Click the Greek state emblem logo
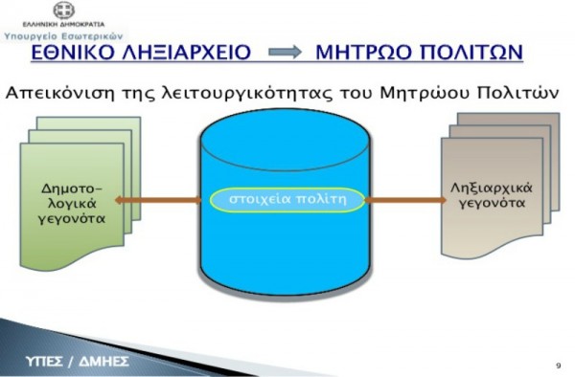tap(64, 11)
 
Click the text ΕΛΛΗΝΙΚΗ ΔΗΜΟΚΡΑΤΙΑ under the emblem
tap(64, 23)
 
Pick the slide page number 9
tap(557, 366)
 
